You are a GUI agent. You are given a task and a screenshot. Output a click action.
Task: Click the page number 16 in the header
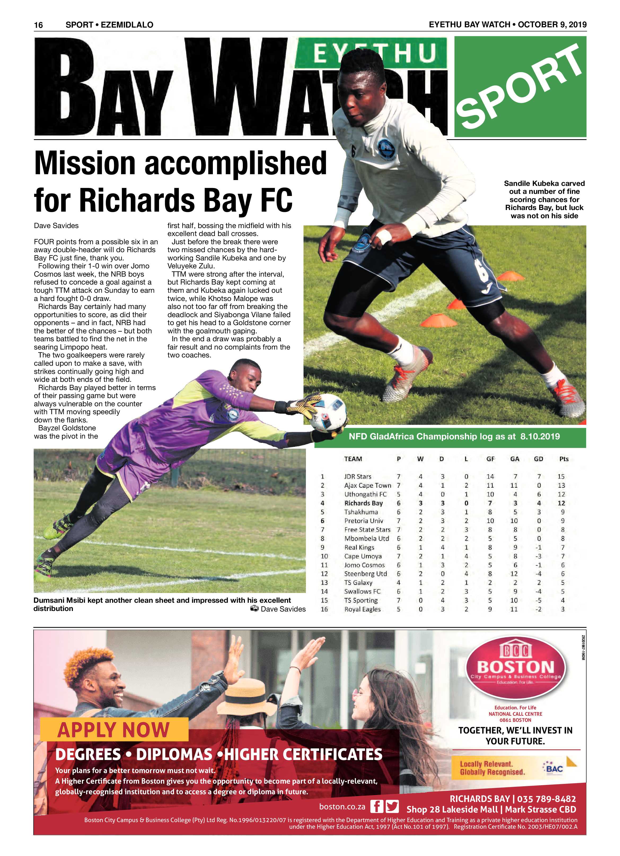click(x=38, y=25)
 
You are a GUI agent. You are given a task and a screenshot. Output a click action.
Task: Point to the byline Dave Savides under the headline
click(x=56, y=226)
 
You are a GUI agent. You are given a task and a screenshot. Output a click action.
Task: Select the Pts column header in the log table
click(x=563, y=459)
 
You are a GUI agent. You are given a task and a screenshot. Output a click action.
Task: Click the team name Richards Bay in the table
click(x=363, y=503)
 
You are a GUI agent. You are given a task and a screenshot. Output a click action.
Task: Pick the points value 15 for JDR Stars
click(x=561, y=477)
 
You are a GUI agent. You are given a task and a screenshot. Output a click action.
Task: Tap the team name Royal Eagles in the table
click(x=362, y=609)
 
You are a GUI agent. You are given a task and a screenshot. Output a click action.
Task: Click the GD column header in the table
click(x=538, y=459)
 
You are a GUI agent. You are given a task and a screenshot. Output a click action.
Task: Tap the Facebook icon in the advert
click(x=376, y=807)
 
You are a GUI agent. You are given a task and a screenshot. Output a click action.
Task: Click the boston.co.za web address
click(x=342, y=807)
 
